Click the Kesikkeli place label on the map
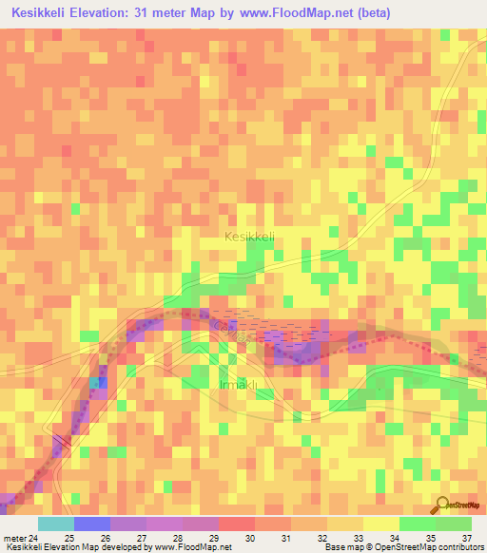[249, 236]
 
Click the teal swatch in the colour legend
[56, 524]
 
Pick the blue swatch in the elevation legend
[92, 524]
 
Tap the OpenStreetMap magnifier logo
[442, 506]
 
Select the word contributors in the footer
[458, 547]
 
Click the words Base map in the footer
[344, 547]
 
